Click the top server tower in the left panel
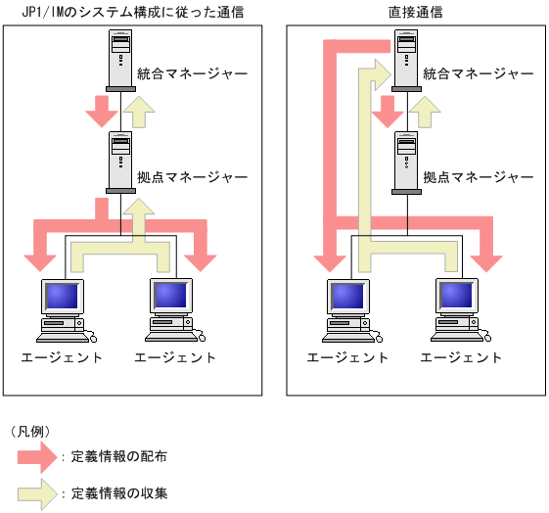click(x=120, y=61)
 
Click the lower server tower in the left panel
click(x=120, y=163)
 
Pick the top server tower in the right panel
click(x=406, y=61)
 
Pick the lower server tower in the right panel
click(x=406, y=163)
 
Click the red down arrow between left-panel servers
click(x=101, y=112)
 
